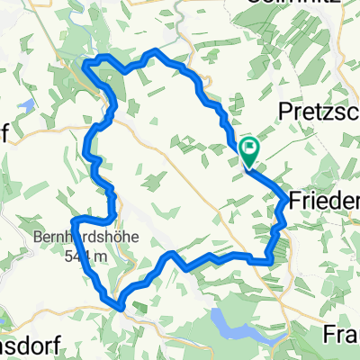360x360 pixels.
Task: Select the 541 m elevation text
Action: point(87,256)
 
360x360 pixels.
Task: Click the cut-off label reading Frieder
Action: point(323,200)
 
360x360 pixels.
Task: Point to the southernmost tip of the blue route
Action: point(118,303)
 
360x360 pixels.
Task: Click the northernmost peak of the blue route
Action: point(158,50)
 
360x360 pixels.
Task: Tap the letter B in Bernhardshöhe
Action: point(39,238)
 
